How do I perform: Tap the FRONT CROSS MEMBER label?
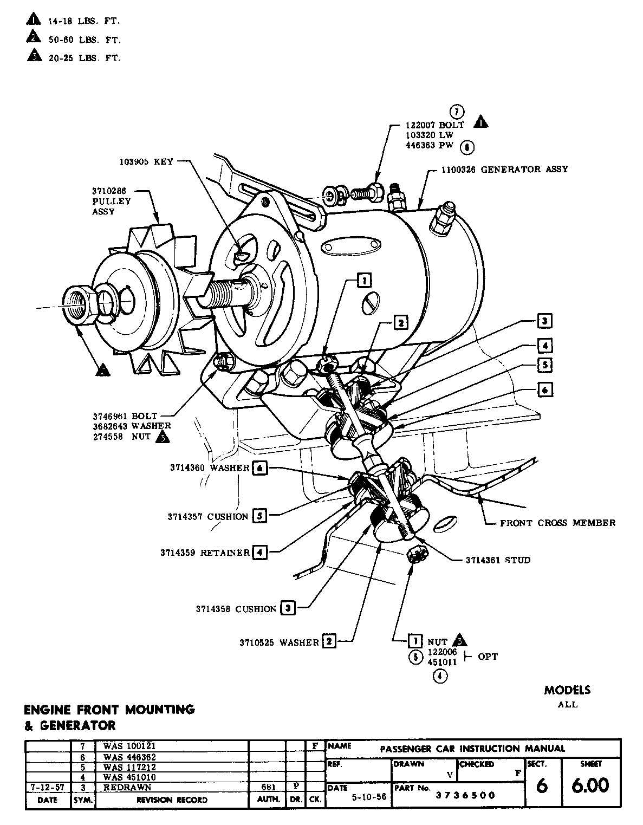557,523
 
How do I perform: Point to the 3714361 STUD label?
498,560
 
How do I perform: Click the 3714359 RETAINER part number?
179,553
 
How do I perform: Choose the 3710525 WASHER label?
280,642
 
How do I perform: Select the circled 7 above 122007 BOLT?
457,112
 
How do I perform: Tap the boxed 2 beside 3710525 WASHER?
329,642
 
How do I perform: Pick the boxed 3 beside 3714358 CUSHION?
288,608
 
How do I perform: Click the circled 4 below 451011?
440,676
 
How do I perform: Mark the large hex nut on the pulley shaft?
80,306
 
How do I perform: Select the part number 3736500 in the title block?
466,795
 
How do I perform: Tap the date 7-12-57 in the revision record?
48,787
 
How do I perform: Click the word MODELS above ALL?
567,690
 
